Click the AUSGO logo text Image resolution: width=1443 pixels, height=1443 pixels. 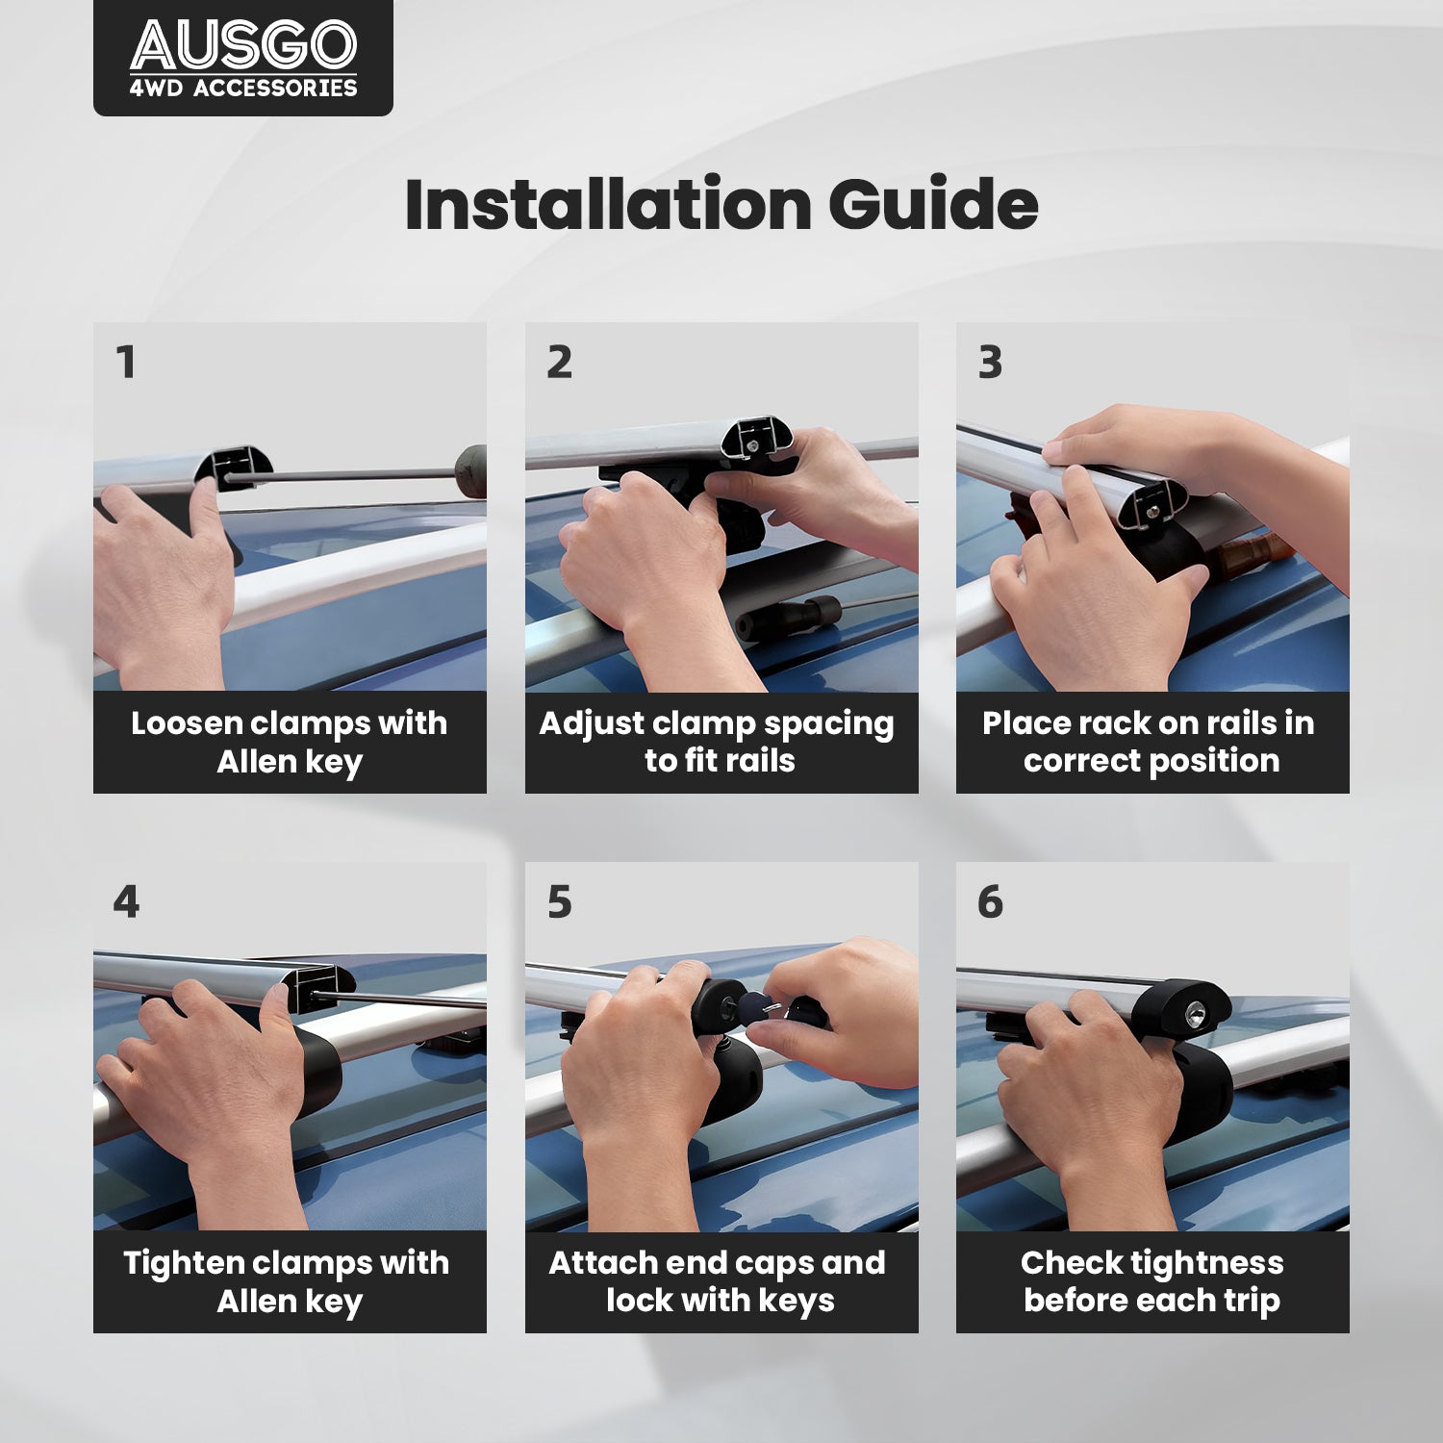pyautogui.click(x=243, y=45)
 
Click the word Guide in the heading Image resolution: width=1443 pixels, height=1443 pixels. pyautogui.click(x=933, y=204)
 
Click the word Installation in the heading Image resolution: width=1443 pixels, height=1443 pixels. pyautogui.click(x=609, y=204)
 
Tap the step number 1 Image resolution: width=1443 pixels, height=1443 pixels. pyautogui.click(x=126, y=363)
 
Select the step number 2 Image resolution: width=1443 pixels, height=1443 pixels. pyautogui.click(x=559, y=363)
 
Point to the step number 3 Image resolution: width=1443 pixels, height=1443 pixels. pyautogui.click(x=990, y=363)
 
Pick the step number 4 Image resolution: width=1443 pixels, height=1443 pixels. pyautogui.click(x=126, y=902)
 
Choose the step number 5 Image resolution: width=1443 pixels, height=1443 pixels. pyautogui.click(x=559, y=902)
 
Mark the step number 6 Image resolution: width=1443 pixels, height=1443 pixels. pyautogui.click(x=990, y=902)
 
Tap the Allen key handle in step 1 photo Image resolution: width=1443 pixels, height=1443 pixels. pyautogui.click(x=470, y=471)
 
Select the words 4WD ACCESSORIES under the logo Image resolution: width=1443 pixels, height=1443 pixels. pyautogui.click(x=243, y=88)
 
